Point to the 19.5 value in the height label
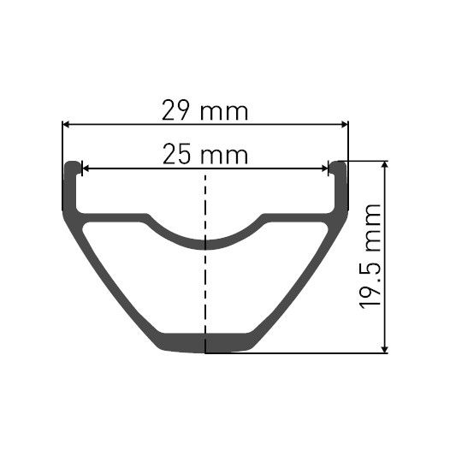coord(375,283)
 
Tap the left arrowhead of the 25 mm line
coord(85,169)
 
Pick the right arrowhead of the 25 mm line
coord(325,169)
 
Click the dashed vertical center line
coord(205,282)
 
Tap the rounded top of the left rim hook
coord(73,163)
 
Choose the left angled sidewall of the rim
coord(107,274)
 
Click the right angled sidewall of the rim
coord(304,274)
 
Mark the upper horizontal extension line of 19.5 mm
coord(368,160)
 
